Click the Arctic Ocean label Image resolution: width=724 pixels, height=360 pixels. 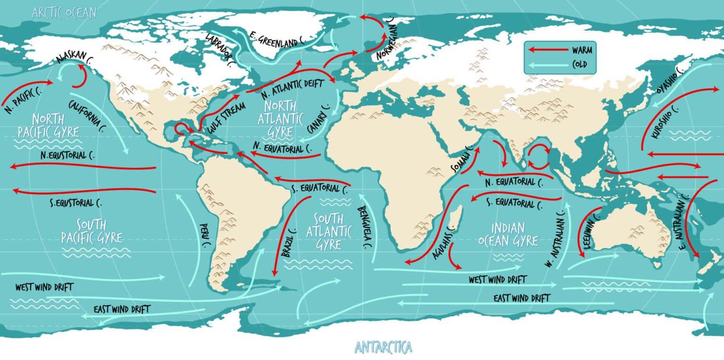(x=64, y=12)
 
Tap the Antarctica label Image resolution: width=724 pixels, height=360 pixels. (x=383, y=348)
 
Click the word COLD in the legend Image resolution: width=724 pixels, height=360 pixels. (x=580, y=65)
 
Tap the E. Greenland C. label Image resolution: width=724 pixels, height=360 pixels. (x=278, y=41)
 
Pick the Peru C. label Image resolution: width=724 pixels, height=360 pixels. (x=205, y=235)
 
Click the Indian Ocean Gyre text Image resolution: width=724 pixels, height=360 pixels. (x=508, y=234)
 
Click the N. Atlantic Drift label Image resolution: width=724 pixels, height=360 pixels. (x=292, y=85)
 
